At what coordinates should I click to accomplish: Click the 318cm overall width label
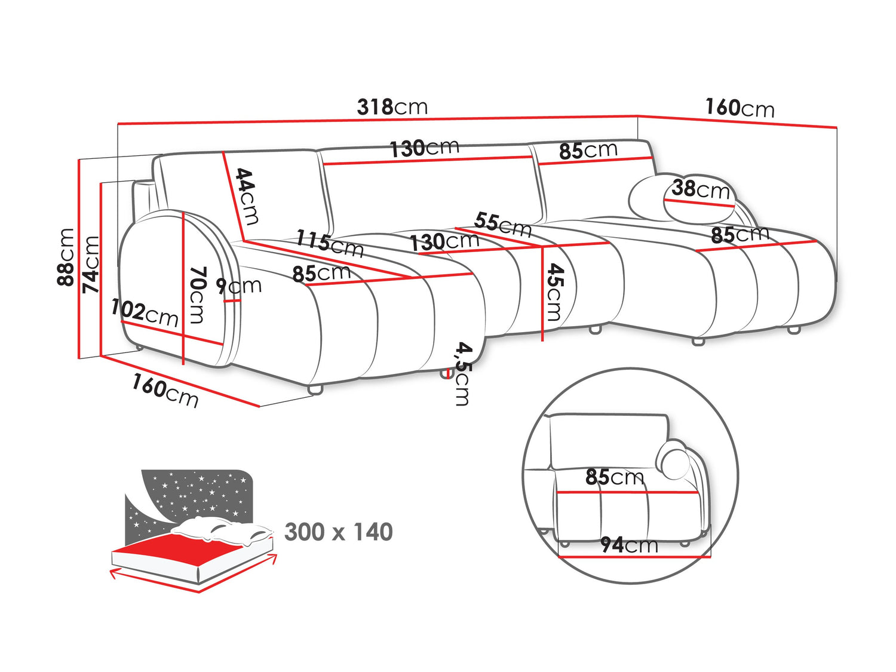(392, 107)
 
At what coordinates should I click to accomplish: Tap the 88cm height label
(66, 257)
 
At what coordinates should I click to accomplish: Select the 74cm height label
(91, 264)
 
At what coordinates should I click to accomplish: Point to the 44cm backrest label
(246, 196)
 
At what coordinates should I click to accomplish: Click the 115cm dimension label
(330, 243)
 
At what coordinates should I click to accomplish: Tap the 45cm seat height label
(554, 292)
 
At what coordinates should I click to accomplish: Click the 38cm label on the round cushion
(701, 189)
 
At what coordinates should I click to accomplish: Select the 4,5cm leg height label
(462, 373)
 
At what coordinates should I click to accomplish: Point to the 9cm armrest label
(239, 286)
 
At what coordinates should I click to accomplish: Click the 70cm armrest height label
(197, 294)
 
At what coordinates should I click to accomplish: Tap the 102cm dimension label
(145, 312)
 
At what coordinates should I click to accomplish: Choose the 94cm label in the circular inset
(629, 545)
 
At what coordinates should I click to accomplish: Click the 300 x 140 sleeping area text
(339, 532)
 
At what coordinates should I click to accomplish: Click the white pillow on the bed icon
(221, 529)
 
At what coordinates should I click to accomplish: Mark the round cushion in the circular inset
(673, 459)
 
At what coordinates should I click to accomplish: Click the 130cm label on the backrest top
(424, 148)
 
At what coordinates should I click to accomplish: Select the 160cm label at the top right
(739, 108)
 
